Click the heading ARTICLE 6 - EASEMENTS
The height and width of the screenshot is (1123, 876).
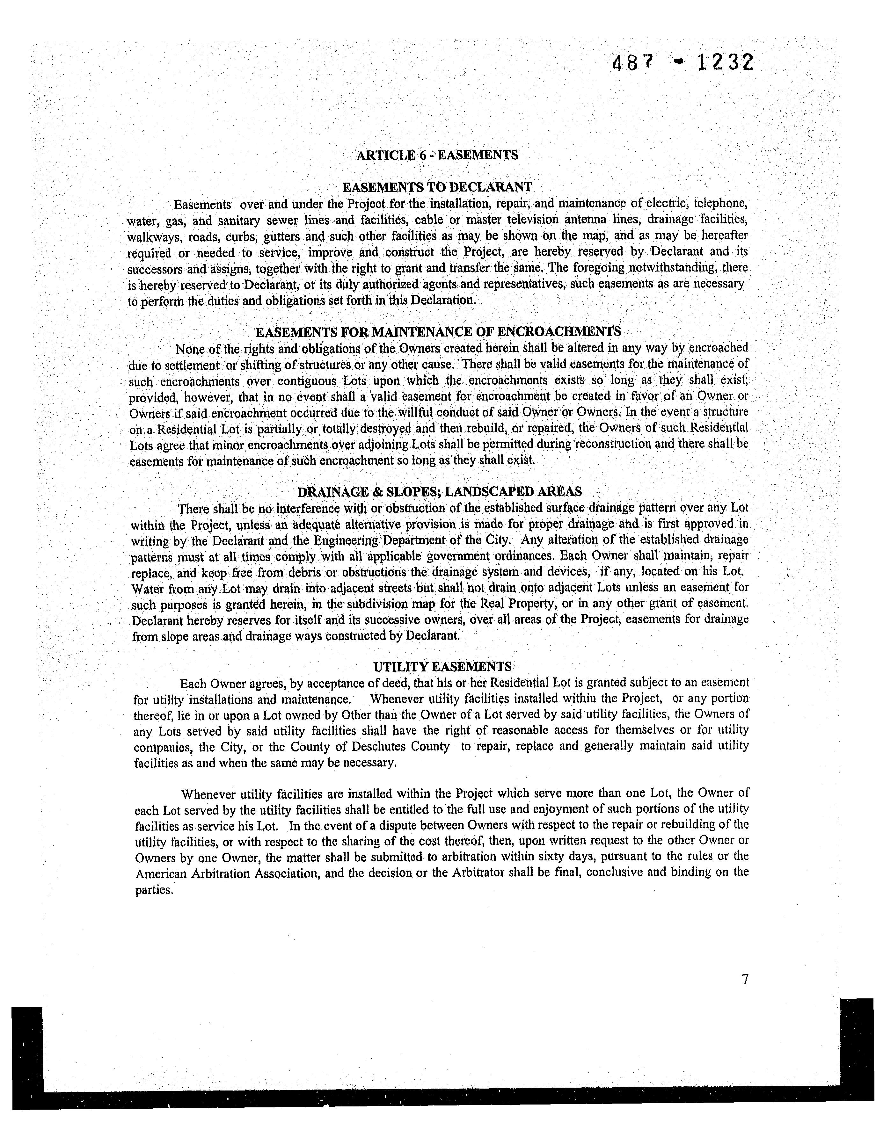coord(437,155)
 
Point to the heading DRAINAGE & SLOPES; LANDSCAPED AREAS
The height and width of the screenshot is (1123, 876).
coord(440,492)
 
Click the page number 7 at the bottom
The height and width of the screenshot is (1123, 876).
coord(744,980)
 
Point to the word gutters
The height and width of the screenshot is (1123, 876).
coord(282,236)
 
